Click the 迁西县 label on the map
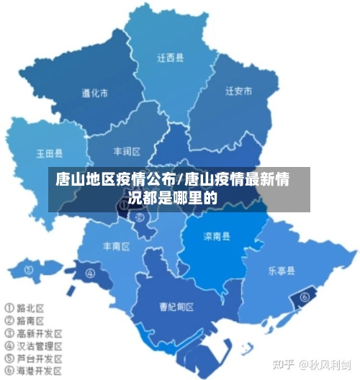pos(171,56)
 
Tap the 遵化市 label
pos(94,93)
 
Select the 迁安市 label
pos(238,91)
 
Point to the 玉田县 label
pos(49,153)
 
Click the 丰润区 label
pos(127,151)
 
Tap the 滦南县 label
pos(216,236)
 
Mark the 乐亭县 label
pos(282,271)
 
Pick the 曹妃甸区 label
pos(177,307)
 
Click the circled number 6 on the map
pos(305,295)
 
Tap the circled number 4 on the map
pos(90,273)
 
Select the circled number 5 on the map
pos(29,270)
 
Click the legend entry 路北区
pos(29,307)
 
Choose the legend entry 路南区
pos(29,320)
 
